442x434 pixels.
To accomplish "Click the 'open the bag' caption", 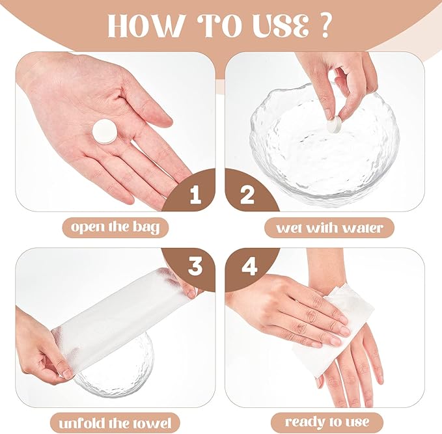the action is pos(115,227).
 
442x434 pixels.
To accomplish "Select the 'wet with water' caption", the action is pos(329,228).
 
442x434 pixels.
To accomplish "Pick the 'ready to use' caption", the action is pos(327,422).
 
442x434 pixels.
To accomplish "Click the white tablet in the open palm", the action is pos(105,132).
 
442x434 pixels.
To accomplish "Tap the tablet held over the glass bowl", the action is pos(335,123).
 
